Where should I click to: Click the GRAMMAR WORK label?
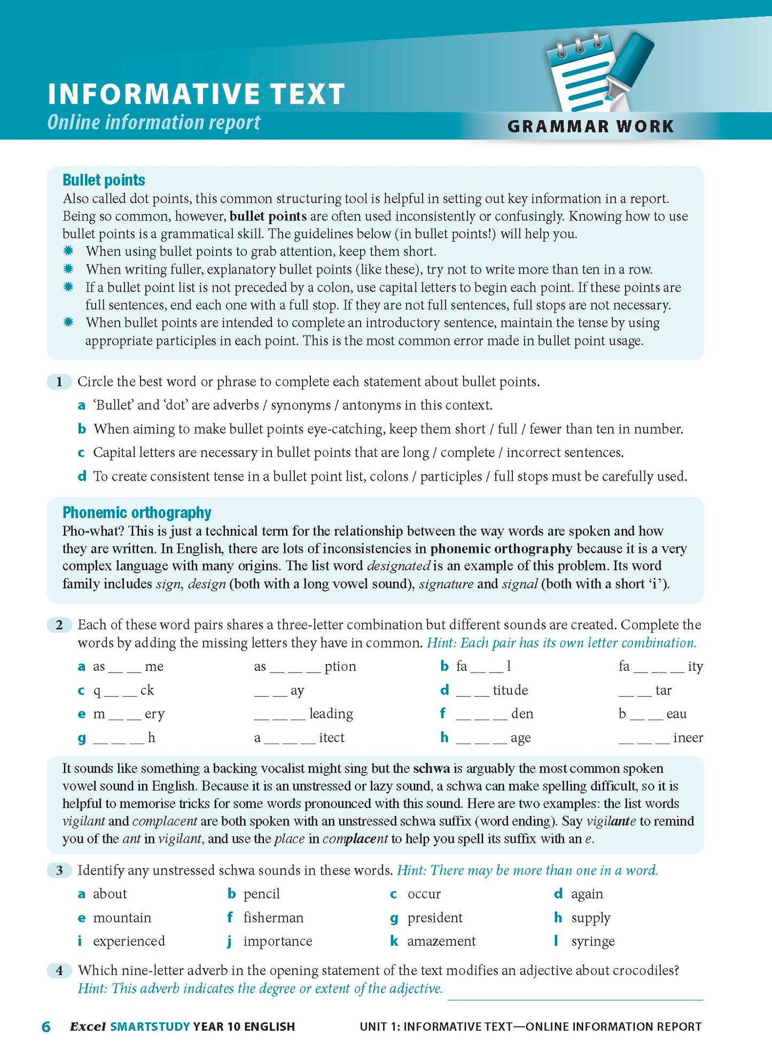pos(590,126)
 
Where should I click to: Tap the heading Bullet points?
pos(104,180)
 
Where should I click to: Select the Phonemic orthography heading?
pos(137,512)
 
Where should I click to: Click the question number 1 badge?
pos(59,382)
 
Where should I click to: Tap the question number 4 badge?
pos(59,970)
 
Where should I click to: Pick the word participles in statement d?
pos(451,476)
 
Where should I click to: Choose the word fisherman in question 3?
pos(273,917)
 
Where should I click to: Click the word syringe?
pos(592,941)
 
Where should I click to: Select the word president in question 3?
pos(435,917)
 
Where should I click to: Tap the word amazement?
pos(441,941)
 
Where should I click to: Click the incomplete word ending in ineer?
pos(661,738)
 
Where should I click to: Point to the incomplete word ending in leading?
pos(303,714)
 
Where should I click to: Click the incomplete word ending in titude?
pos(492,690)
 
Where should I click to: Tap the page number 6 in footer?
pos(46,1026)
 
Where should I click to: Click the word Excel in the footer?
pos(88,1026)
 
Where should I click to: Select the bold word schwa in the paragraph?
pos(431,768)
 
